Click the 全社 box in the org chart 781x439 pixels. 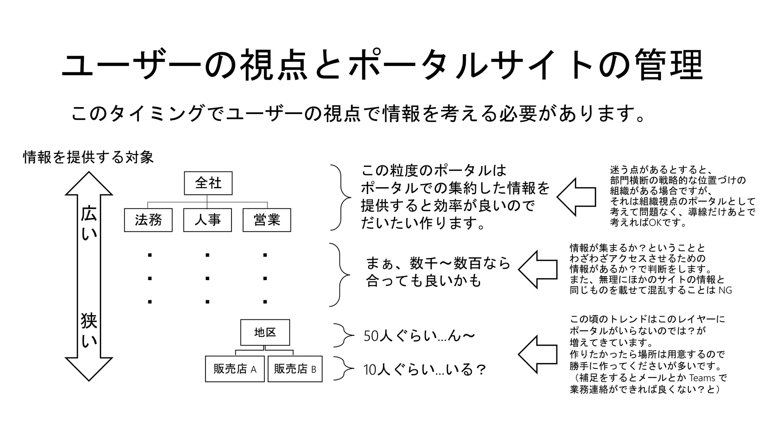208,183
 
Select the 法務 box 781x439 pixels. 148,220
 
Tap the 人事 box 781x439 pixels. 207,220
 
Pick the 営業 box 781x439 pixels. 267,220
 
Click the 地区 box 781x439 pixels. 265,332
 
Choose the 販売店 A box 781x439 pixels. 235,369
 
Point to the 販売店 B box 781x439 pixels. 295,369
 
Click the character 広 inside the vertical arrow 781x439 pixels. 89,214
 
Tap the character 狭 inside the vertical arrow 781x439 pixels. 89,321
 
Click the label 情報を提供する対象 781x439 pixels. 88,157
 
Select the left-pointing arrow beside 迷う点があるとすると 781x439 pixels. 576,197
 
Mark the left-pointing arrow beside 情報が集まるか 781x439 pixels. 538,269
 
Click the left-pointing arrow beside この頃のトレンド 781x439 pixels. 538,354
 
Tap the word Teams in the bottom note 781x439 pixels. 702,378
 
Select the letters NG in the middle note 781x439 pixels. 725,290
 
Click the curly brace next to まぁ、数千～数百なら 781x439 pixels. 339,275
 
